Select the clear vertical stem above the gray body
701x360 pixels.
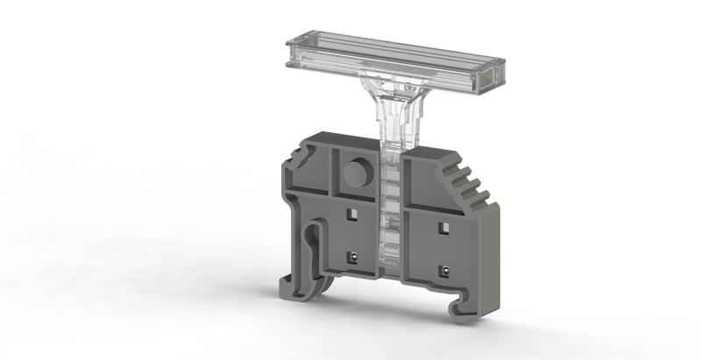pyautogui.click(x=390, y=123)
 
